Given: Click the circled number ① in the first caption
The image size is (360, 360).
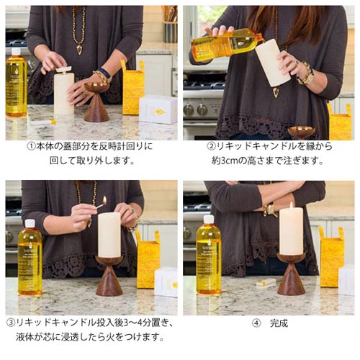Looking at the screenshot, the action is (31, 146).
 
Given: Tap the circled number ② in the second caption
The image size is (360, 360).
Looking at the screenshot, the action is (211, 146).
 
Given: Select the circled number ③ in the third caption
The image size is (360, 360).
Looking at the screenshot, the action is (11, 323).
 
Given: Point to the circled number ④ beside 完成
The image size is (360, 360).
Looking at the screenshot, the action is (256, 323).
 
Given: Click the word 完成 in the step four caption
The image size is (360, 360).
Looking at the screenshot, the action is (279, 323).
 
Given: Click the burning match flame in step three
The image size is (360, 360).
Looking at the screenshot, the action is (104, 199).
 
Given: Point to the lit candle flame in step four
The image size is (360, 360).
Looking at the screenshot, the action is (292, 204).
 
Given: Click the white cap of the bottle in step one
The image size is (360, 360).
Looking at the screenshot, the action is (16, 51).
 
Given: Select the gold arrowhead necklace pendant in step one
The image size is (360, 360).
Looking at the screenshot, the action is (79, 50).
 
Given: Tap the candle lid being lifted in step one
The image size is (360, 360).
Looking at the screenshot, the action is (63, 69).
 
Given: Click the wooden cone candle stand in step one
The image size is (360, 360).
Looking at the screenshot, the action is (96, 102).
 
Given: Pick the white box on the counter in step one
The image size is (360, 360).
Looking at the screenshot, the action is (158, 109).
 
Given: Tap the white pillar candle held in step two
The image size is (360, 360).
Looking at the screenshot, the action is (273, 64).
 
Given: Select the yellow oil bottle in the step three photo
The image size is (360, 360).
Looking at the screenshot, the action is (30, 258).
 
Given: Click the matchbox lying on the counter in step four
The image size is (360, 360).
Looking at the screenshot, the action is (266, 282).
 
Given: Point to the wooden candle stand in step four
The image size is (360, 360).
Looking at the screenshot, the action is (291, 274).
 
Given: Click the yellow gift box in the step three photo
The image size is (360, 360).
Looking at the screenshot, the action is (148, 260).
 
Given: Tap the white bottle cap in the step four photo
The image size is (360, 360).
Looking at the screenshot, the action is (208, 220).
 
